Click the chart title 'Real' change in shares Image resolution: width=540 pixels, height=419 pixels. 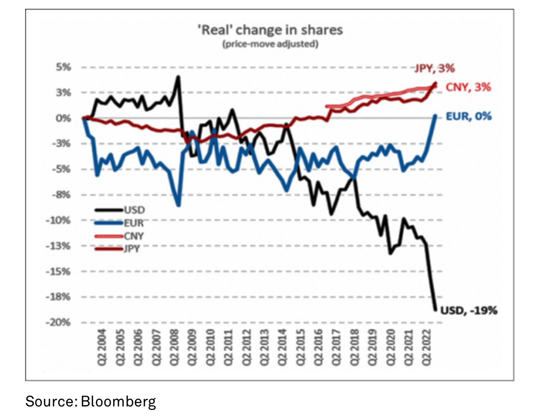[270, 30]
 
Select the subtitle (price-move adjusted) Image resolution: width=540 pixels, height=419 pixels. [270, 44]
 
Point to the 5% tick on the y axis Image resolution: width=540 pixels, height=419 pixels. [63, 67]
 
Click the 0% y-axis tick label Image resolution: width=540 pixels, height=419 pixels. [63, 118]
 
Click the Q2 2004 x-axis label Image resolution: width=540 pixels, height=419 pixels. [102, 347]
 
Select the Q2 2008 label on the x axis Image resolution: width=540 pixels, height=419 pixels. [175, 347]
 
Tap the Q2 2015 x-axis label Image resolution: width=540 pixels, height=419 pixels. [301, 347]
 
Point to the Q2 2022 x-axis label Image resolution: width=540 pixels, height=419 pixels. [427, 347]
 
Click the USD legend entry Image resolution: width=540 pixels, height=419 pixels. [134, 210]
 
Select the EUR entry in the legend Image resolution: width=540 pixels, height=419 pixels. [134, 223]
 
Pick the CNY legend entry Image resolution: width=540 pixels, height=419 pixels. [134, 236]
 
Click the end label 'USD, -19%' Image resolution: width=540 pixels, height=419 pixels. [469, 311]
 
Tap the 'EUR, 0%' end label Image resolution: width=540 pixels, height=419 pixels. [468, 116]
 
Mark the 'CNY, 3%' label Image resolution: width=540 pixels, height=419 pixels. [468, 87]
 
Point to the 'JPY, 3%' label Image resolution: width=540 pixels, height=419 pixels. [435, 68]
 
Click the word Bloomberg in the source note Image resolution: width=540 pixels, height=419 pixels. [118, 401]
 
